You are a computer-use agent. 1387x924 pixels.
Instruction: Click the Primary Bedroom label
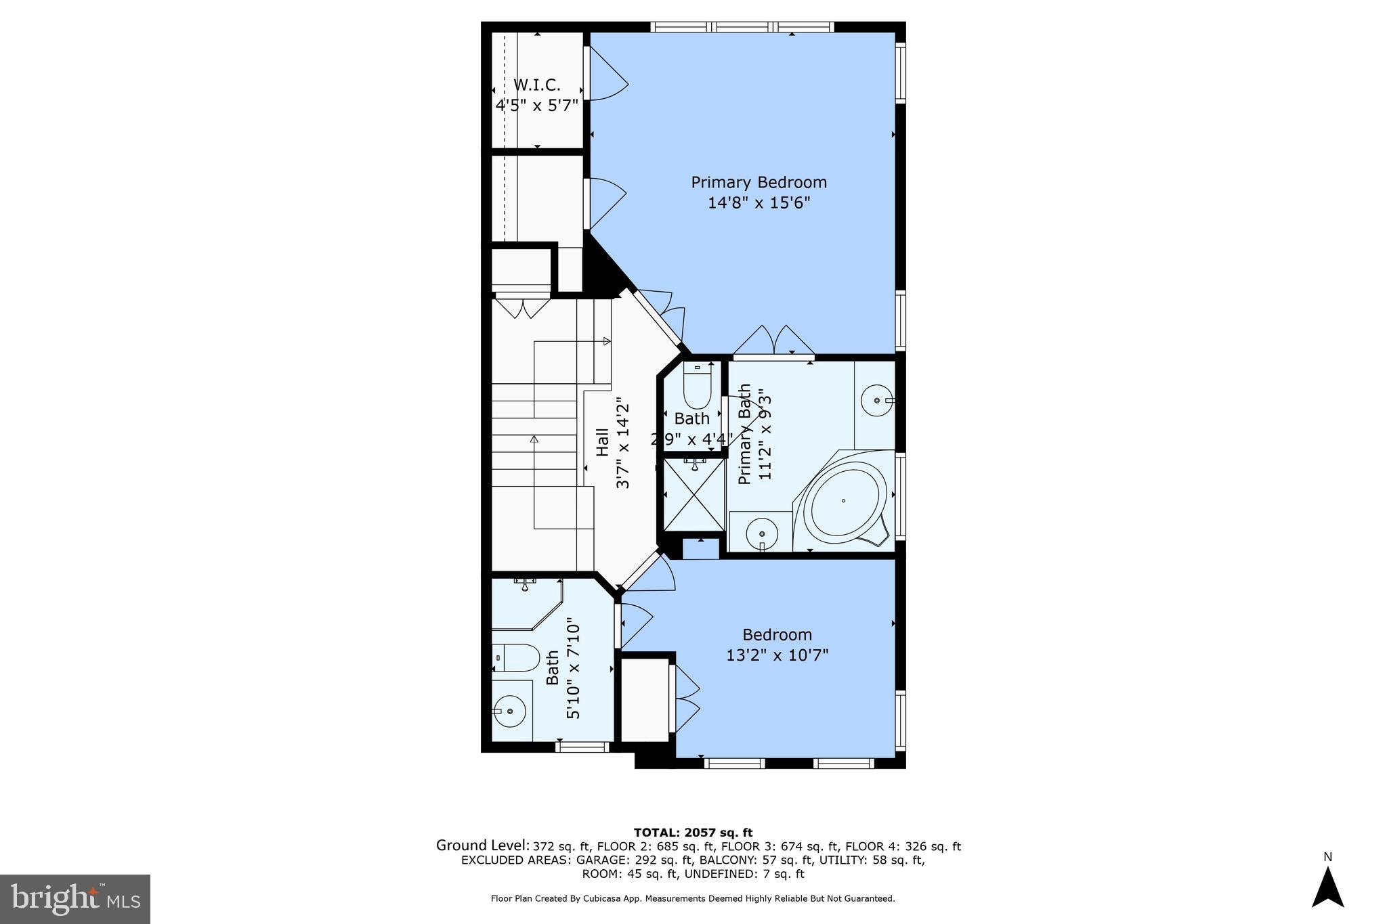759,182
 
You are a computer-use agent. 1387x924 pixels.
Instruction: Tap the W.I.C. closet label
537,85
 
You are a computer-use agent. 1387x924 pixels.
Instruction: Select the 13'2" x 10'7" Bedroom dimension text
777,655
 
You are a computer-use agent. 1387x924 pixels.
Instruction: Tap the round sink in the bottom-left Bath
509,711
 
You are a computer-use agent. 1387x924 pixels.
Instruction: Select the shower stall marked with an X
693,493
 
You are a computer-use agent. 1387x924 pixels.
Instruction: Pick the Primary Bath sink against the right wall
878,401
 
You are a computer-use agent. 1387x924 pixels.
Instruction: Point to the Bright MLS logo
75,898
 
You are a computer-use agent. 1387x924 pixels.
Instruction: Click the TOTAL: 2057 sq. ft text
693,833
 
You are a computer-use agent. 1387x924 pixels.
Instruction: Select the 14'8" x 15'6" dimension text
759,203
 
